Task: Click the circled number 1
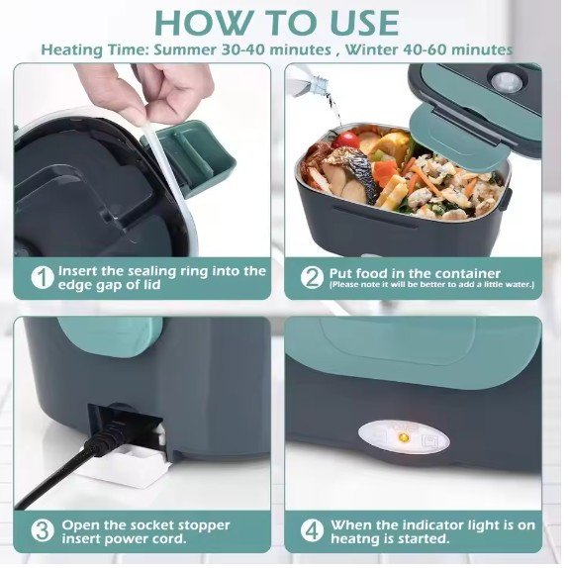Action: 44,278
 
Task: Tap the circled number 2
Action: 312,278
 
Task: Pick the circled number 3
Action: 43,531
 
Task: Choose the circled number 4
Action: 312,531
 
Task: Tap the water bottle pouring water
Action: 312,84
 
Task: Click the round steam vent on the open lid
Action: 506,81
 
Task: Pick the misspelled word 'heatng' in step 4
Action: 356,539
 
